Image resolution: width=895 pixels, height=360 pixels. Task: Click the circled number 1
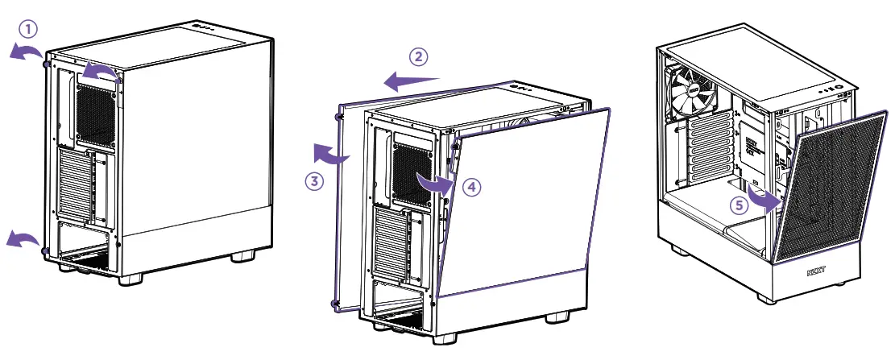28,30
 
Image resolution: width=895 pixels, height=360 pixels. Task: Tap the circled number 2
417,56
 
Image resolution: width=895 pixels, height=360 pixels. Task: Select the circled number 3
314,181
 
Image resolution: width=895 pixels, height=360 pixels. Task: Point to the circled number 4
472,187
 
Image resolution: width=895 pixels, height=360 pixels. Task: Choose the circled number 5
738,205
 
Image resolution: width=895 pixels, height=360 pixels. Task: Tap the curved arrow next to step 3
331,154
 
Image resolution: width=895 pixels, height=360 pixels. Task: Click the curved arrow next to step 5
765,198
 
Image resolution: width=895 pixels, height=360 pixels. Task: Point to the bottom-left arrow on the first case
22,238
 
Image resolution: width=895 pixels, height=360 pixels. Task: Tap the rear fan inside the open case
693,91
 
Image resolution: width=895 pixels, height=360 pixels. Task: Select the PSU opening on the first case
84,242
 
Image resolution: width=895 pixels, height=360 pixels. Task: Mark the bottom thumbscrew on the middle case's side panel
334,304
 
